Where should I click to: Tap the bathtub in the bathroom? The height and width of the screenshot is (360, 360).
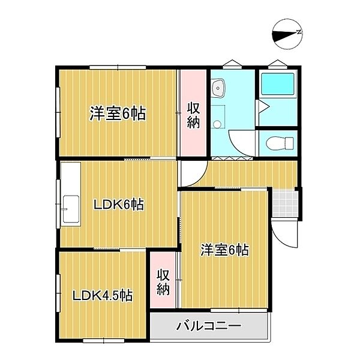pyautogui.click(x=277, y=86)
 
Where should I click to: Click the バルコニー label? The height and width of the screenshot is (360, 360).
pyautogui.click(x=208, y=327)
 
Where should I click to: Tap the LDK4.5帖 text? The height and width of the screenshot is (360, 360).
pyautogui.click(x=103, y=295)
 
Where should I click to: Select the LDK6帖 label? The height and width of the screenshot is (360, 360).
pyautogui.click(x=118, y=205)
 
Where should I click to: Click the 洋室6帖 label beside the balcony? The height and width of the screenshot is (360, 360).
pyautogui.click(x=224, y=250)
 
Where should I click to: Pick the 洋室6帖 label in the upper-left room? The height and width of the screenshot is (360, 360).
pyautogui.click(x=118, y=113)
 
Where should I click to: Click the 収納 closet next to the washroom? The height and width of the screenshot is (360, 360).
pyautogui.click(x=193, y=114)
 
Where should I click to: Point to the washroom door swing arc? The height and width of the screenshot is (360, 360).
pyautogui.click(x=241, y=143)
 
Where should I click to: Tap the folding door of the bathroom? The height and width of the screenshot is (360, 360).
pyautogui.click(x=262, y=109)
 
